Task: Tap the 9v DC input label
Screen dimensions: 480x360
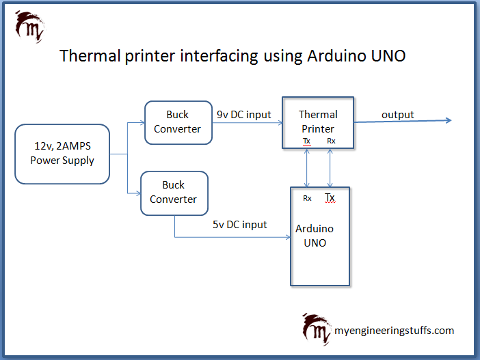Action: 243,115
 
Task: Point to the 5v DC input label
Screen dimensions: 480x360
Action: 240,225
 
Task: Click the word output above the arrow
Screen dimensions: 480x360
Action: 398,115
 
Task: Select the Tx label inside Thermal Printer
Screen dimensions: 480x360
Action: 307,141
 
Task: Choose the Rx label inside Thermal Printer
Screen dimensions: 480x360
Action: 331,141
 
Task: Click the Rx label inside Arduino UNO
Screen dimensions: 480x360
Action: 307,198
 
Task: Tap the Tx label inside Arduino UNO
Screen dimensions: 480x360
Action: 330,197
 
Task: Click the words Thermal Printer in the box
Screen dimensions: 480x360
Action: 318,122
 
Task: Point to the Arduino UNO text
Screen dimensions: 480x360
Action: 315,236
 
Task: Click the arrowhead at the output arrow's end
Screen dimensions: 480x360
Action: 449,120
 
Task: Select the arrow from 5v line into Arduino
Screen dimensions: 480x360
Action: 232,237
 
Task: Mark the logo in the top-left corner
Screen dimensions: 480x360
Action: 29,27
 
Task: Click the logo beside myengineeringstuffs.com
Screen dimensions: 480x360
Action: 317,329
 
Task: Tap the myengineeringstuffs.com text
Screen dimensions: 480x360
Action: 395,331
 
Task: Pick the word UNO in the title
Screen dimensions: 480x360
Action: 388,56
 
